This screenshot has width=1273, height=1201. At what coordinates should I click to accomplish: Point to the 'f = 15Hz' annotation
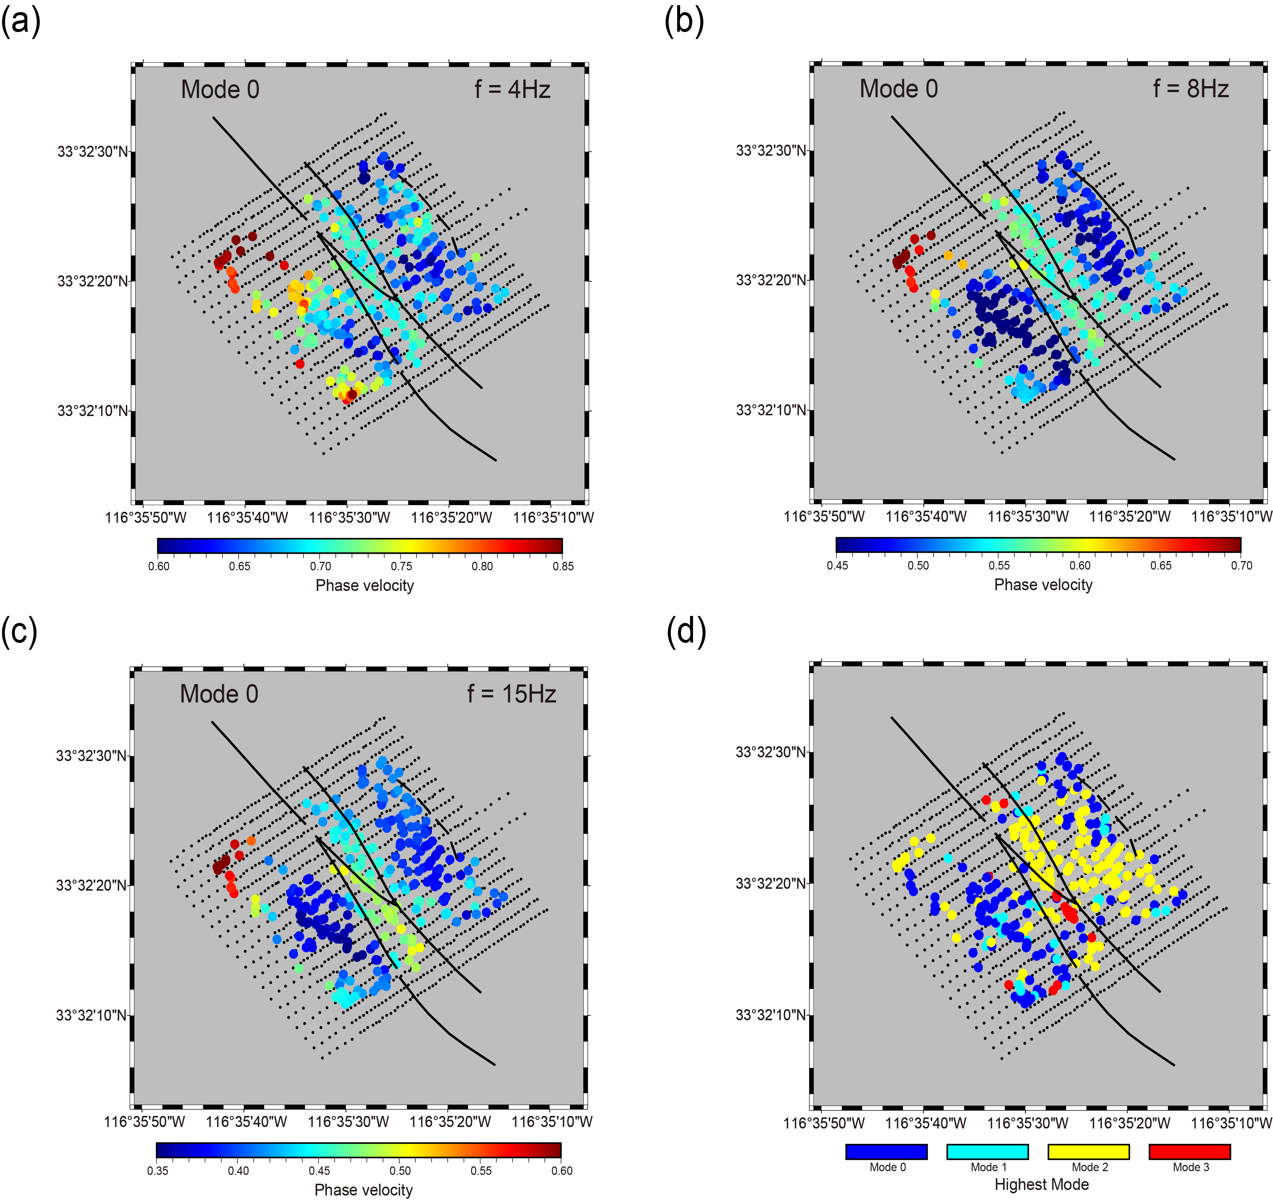point(511,694)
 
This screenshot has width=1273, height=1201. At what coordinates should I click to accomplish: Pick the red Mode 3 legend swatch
point(1190,1152)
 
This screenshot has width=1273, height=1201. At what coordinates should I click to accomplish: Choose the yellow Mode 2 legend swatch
point(1089,1152)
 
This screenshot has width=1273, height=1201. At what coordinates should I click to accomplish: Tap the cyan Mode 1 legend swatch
point(987,1152)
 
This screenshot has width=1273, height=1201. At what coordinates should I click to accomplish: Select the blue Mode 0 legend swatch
point(886,1152)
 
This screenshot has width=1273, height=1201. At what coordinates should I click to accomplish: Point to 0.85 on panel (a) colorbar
point(563,566)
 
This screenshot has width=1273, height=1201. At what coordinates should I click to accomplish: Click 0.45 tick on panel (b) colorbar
point(837,565)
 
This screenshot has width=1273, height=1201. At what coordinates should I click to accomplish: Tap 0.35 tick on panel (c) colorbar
point(158,1170)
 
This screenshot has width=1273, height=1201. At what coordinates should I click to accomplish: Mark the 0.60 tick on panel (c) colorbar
point(562,1170)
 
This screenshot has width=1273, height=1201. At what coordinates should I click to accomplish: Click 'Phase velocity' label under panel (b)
point(1043,585)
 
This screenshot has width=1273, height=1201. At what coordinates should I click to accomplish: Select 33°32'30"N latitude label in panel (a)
point(93,152)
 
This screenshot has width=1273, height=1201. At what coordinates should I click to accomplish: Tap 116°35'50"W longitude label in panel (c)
point(145,1121)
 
